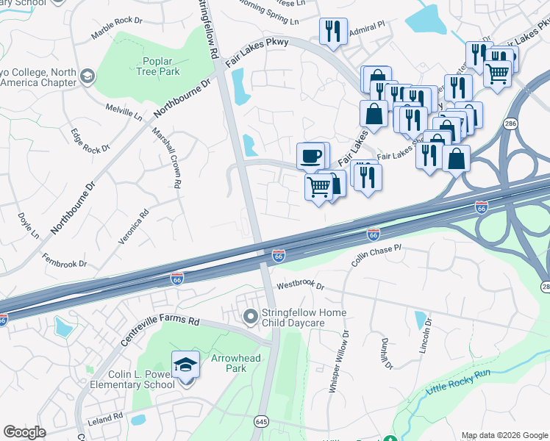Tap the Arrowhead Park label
[226, 363]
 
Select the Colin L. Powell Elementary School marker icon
[185, 365]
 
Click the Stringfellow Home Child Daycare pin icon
[251, 317]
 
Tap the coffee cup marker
[312, 156]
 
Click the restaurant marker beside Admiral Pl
[333, 32]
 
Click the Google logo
[24, 431]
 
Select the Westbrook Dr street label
[300, 286]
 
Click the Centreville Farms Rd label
[160, 330]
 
